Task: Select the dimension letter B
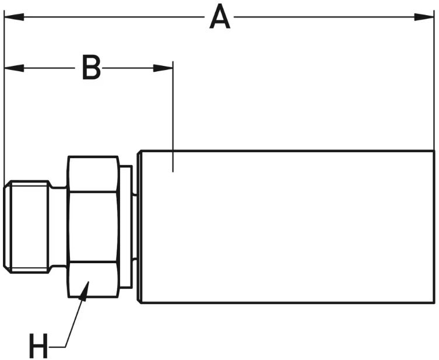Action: pos(91,68)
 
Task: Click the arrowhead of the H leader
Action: pos(85,290)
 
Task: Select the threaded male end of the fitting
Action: pos(27,227)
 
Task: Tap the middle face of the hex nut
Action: pos(93,227)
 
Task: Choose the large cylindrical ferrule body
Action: pos(286,227)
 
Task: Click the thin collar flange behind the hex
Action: pos(125,227)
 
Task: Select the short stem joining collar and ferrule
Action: pos(135,227)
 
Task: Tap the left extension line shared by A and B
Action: pos(4,117)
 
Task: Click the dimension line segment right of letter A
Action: pos(326,16)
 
